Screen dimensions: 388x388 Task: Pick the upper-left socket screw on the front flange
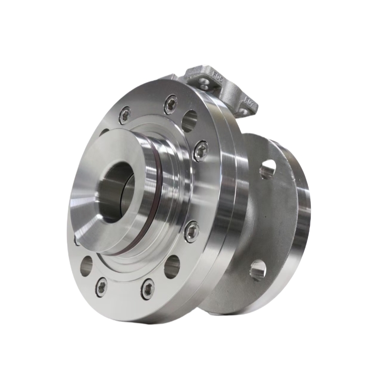125,115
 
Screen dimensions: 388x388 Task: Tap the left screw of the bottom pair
102,287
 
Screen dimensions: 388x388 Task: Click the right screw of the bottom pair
147,289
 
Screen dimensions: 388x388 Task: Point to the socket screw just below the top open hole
200,150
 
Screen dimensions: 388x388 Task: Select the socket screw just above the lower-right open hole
192,231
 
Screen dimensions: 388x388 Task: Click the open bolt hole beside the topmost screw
190,120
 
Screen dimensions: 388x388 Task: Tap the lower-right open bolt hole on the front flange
172,266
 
